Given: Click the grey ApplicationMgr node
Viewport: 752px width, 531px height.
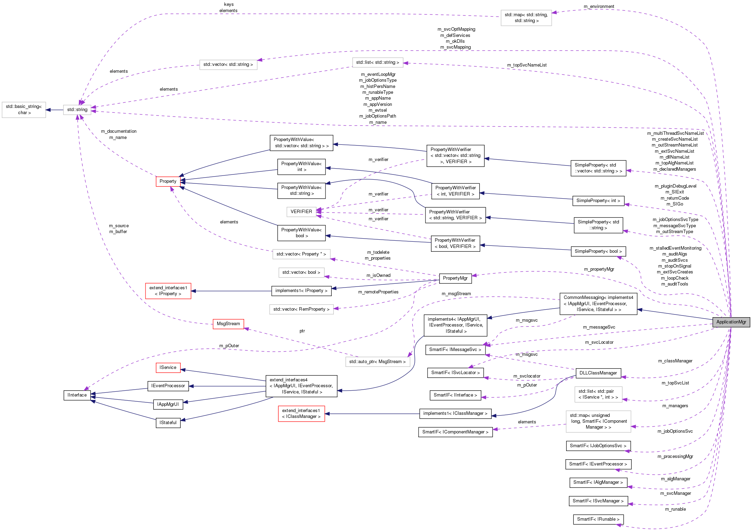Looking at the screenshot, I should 731,322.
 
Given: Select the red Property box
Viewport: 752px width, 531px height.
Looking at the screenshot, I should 168,181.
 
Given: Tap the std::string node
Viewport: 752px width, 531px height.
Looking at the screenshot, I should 77,110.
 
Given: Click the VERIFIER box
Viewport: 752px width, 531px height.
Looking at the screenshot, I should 301,212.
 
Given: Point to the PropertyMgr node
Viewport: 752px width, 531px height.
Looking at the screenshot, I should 455,278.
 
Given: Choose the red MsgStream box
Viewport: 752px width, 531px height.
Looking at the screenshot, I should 228,324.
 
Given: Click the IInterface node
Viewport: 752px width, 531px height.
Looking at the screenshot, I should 77,395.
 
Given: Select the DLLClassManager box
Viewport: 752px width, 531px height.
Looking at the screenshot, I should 598,373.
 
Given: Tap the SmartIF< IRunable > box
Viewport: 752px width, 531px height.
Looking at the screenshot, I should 598,519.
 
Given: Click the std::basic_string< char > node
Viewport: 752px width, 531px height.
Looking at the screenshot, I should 24,110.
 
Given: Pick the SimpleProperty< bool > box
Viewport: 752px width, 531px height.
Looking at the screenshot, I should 598,251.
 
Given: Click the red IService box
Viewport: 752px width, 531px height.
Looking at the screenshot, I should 168,368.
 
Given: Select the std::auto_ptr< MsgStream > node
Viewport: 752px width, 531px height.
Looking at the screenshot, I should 377,362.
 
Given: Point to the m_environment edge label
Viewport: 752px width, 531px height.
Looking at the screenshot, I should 599,7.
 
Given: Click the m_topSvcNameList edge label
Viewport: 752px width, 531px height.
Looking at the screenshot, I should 527,65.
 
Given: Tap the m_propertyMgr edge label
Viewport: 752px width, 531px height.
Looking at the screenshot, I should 599,269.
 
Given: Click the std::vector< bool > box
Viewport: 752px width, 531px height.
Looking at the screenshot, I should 301,272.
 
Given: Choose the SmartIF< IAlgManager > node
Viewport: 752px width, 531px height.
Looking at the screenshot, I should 598,482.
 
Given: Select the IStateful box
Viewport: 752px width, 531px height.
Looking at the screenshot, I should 168,423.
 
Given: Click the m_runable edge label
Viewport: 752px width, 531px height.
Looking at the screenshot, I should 675,509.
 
